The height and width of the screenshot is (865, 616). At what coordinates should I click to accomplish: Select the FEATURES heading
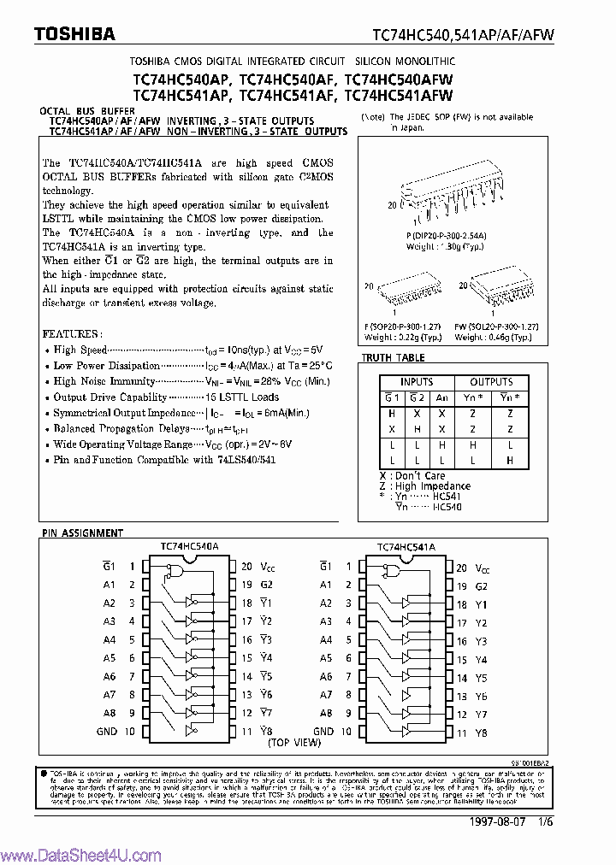click(x=72, y=332)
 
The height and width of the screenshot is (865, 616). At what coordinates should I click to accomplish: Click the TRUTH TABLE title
click(x=393, y=358)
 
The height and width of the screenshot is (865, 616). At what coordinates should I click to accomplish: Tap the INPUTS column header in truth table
click(x=417, y=382)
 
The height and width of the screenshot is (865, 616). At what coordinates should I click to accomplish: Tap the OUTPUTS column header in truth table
click(x=491, y=382)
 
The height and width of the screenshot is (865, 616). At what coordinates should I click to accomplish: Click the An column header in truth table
click(x=442, y=397)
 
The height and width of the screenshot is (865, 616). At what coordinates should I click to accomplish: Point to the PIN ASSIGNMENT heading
click(x=82, y=533)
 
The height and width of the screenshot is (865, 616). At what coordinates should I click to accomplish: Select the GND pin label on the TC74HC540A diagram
click(x=107, y=732)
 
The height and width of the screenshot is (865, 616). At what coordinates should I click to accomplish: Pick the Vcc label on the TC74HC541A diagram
click(x=483, y=568)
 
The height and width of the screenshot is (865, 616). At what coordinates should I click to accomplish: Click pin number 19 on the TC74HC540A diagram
click(x=246, y=585)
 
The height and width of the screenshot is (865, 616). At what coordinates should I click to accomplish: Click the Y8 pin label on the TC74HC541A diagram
click(x=481, y=733)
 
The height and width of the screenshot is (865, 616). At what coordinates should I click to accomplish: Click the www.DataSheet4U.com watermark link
click(x=81, y=855)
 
